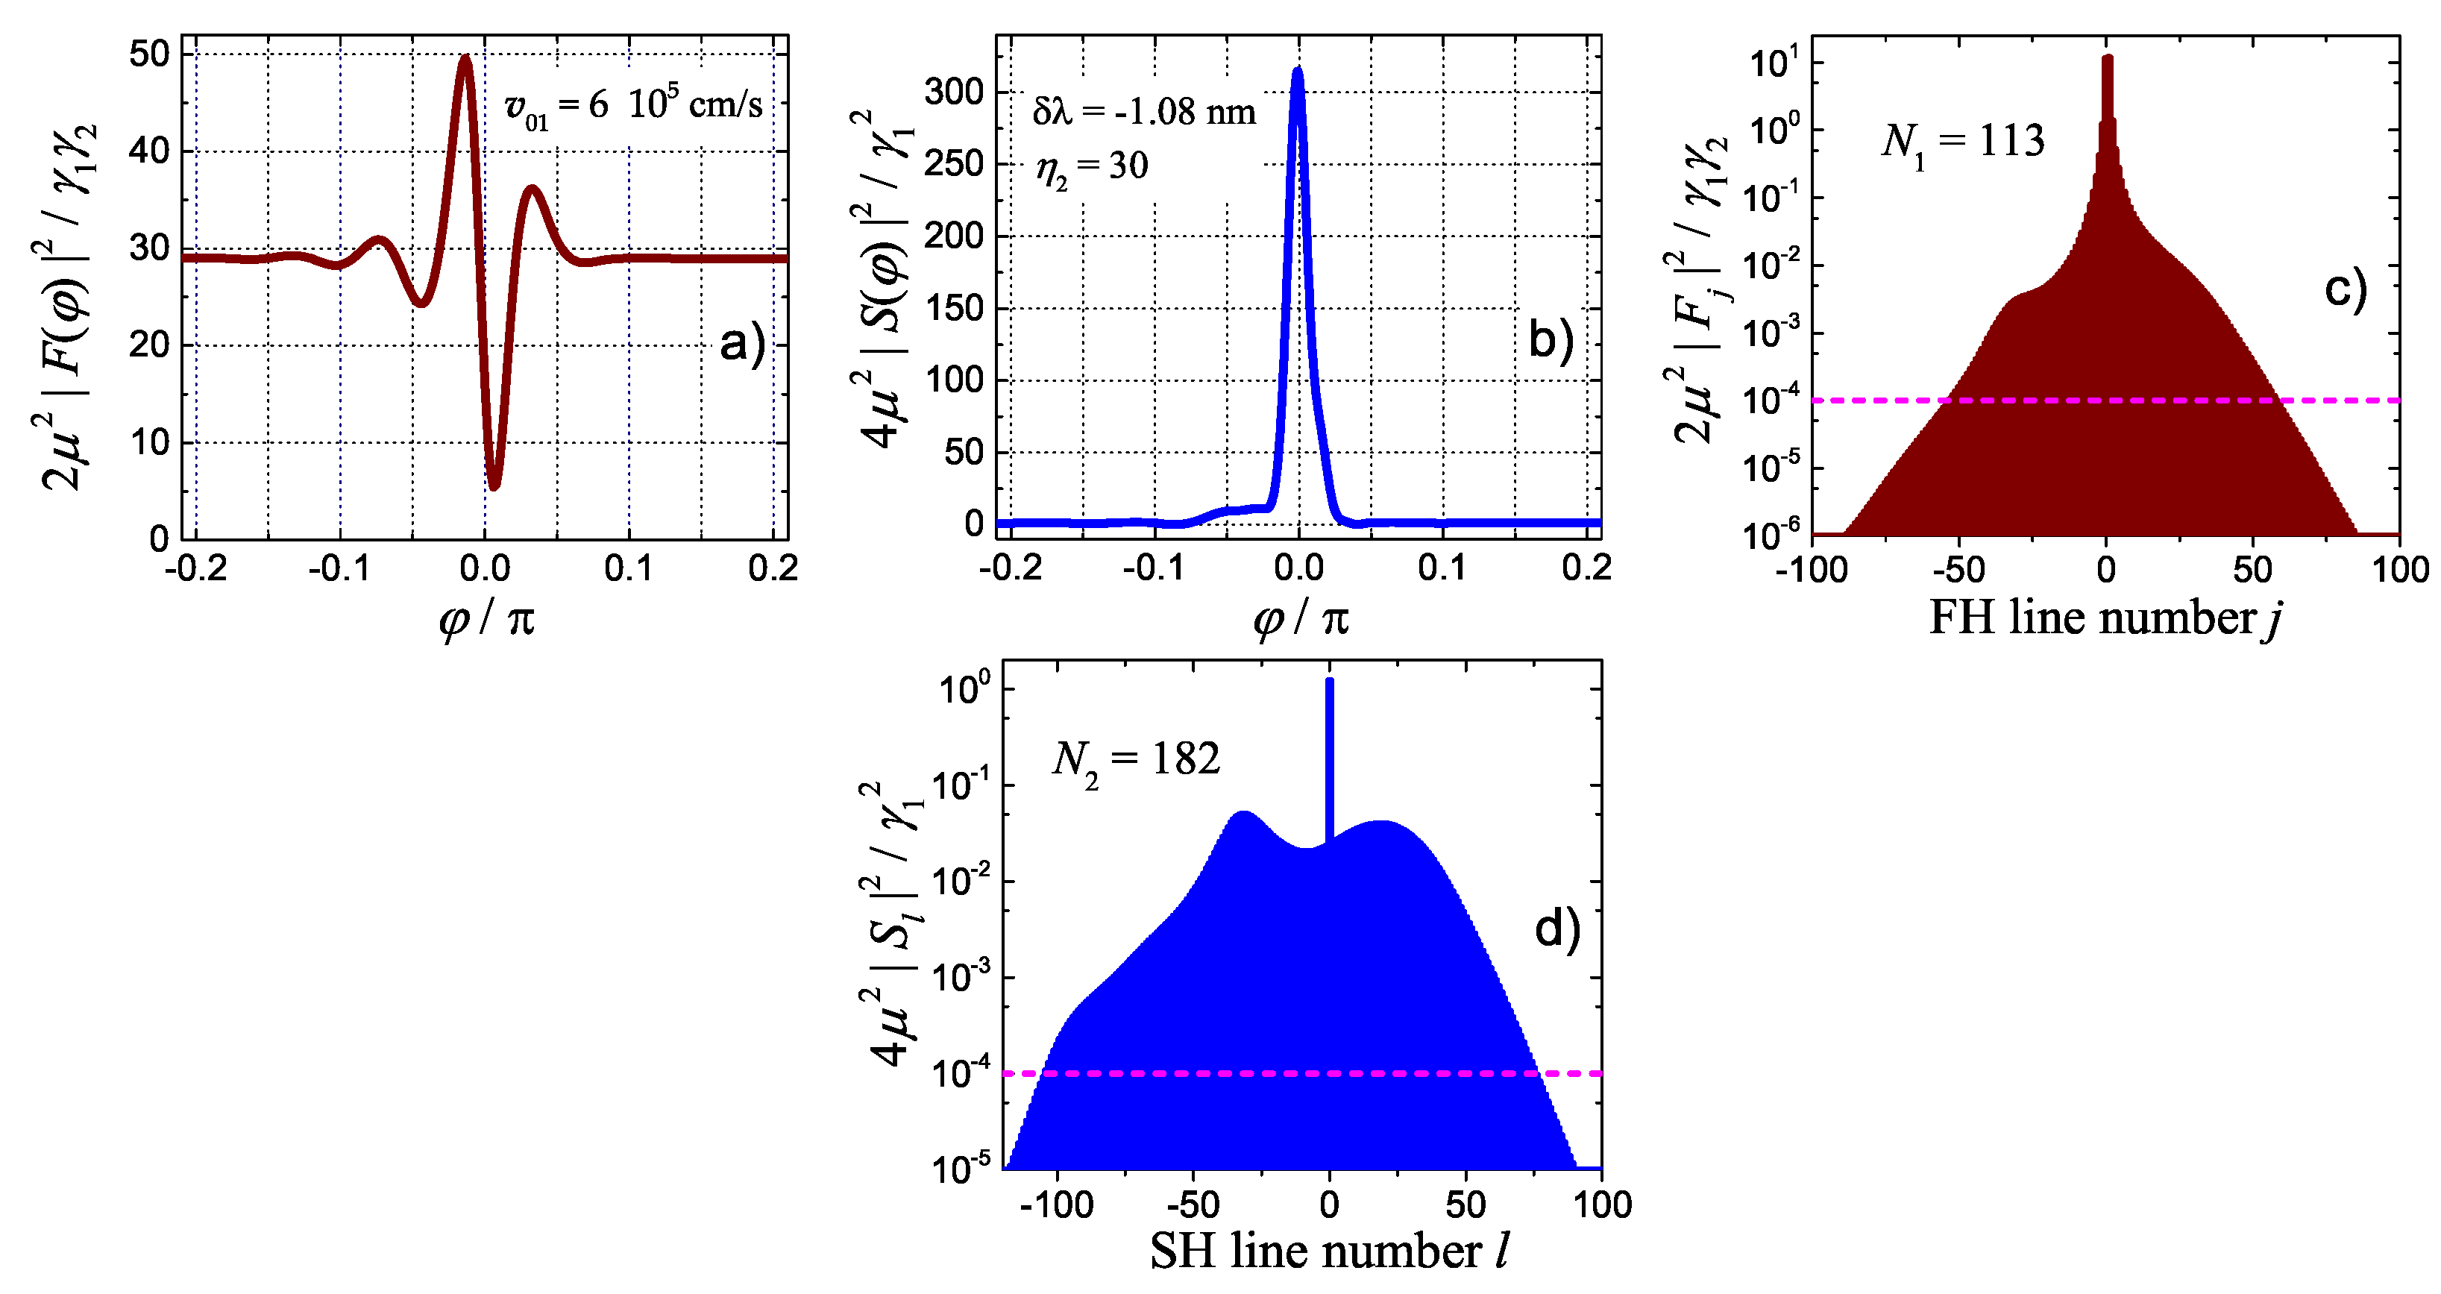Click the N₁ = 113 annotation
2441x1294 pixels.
click(1962, 143)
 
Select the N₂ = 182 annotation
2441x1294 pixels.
click(1135, 761)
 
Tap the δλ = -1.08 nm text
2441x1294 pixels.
click(1144, 113)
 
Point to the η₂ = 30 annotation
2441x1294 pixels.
click(1092, 168)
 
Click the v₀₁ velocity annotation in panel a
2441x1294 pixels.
click(633, 105)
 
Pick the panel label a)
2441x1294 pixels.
click(742, 343)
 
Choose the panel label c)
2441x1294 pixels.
click(2346, 288)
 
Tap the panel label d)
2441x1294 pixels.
click(1557, 929)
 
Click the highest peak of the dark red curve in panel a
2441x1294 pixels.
click(465, 60)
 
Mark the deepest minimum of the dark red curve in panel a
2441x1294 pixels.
click(494, 486)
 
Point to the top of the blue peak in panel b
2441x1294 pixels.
click(1297, 71)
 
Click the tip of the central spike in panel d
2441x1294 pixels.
click(1330, 680)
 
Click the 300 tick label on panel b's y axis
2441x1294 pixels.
click(954, 92)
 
